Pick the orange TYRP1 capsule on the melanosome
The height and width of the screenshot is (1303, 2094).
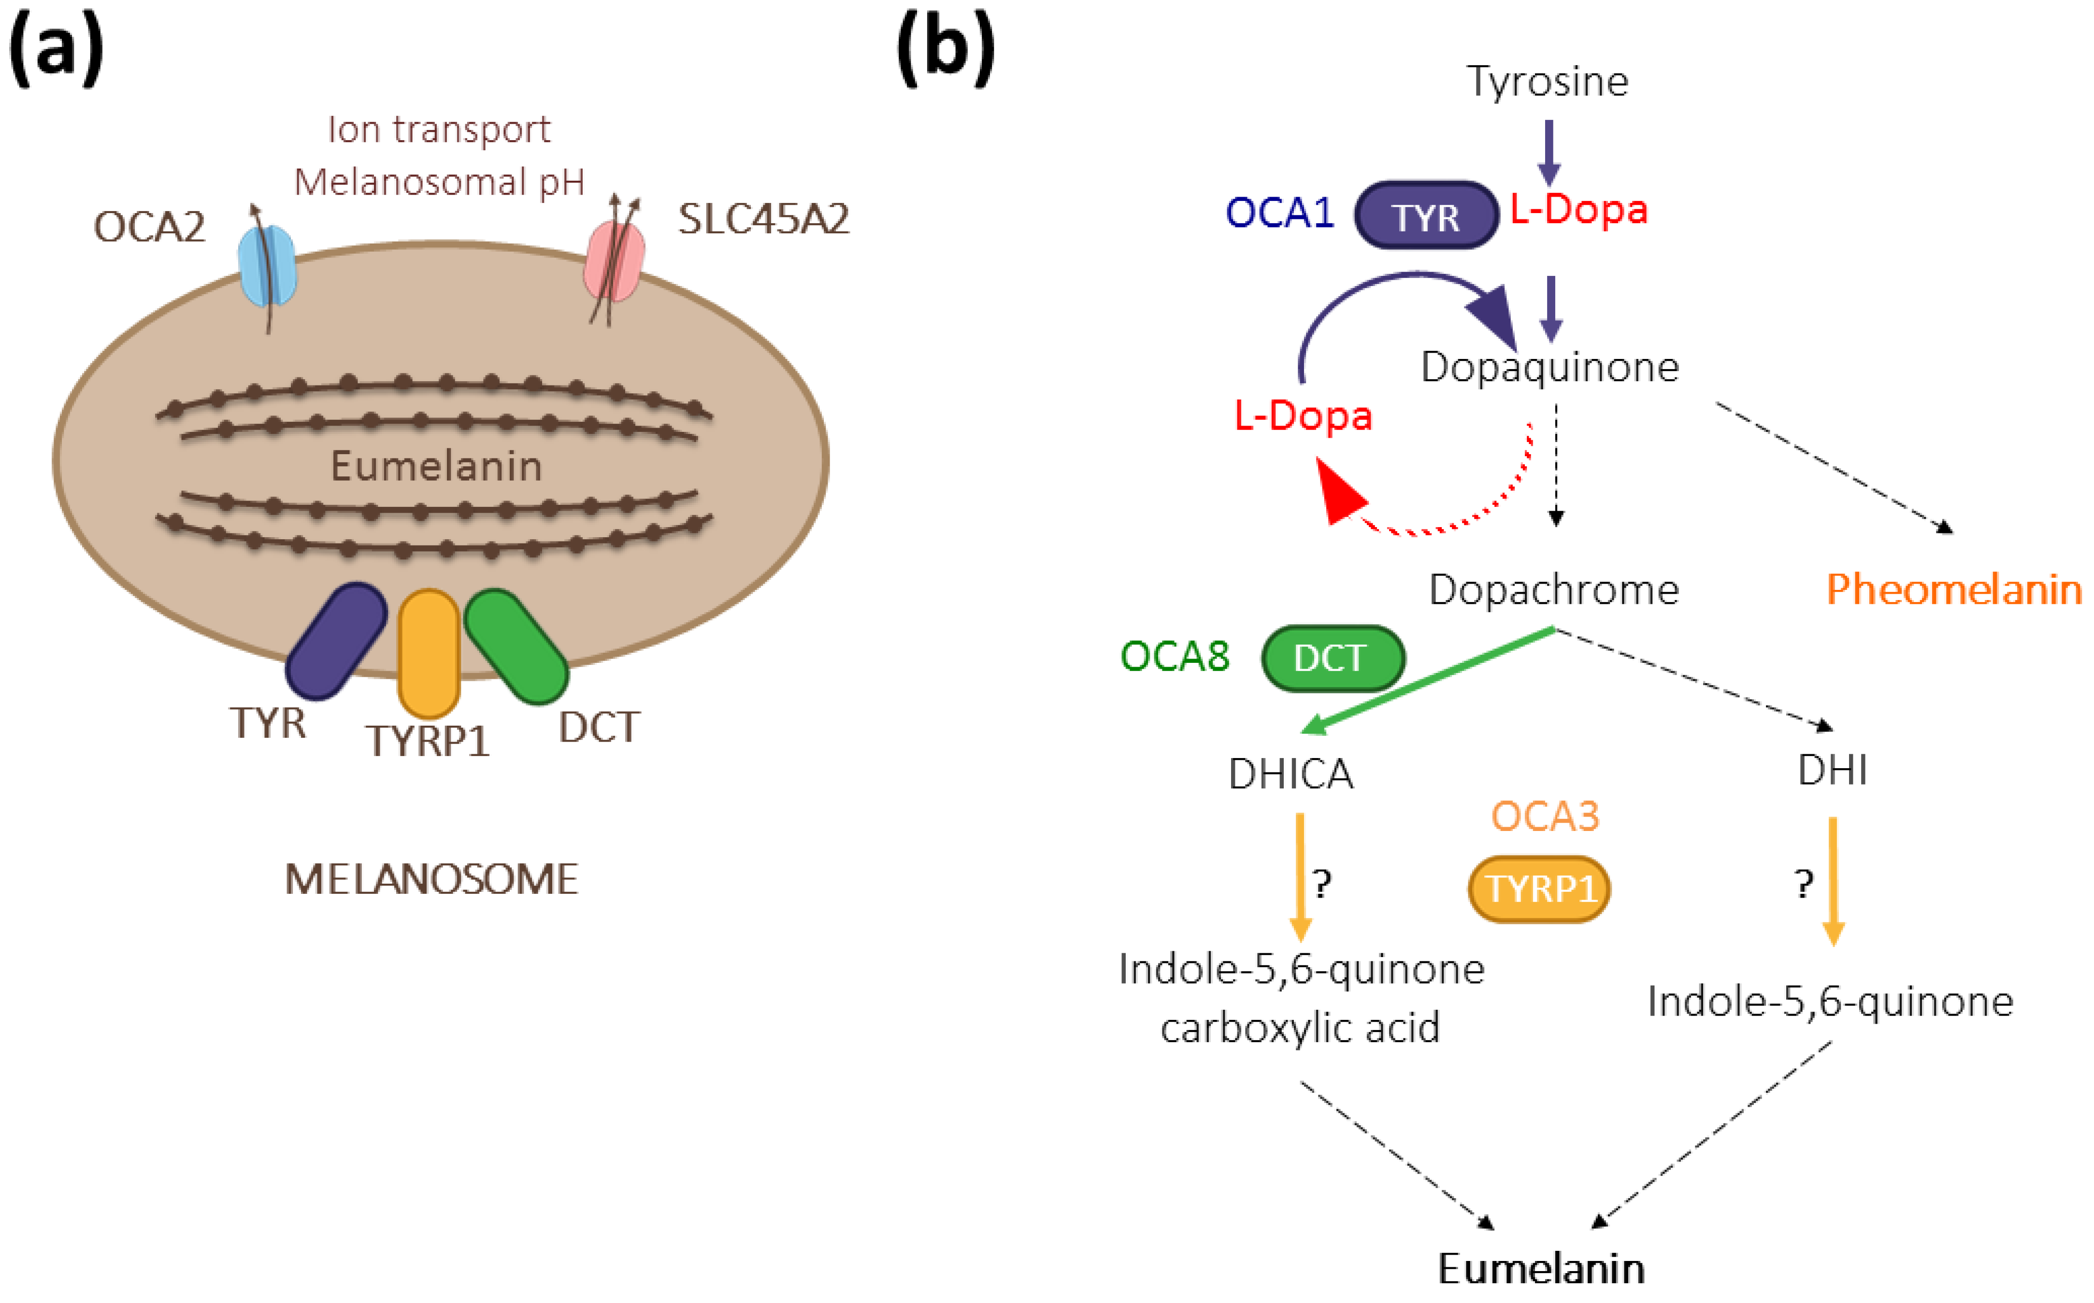[428, 653]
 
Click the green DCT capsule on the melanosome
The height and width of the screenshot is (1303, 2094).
[516, 646]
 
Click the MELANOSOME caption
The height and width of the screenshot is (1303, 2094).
[431, 880]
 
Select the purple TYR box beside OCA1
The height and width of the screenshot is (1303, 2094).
[1426, 215]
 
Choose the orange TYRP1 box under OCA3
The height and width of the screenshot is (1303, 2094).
[1539, 888]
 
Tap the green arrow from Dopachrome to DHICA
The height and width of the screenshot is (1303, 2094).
[1431, 681]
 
